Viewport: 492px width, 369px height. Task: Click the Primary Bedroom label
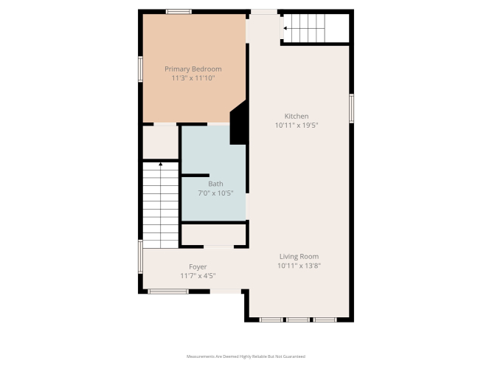click(x=193, y=69)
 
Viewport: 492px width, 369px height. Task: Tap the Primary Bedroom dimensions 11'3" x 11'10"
click(x=193, y=78)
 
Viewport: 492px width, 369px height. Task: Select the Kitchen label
click(x=297, y=116)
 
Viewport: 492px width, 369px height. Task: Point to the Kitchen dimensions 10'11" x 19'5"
click(x=297, y=125)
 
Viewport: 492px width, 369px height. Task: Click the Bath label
click(x=215, y=184)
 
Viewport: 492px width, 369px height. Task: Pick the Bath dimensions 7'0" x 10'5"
click(x=215, y=193)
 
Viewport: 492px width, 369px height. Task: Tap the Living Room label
click(x=299, y=257)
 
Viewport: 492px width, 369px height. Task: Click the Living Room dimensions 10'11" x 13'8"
click(x=299, y=266)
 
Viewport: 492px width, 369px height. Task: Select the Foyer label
click(x=198, y=267)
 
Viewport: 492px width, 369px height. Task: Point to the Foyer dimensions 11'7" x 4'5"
click(x=198, y=276)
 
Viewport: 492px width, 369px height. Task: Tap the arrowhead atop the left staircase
click(x=161, y=164)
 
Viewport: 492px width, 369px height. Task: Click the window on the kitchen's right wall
click(x=351, y=108)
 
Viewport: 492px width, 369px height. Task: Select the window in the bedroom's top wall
click(x=179, y=12)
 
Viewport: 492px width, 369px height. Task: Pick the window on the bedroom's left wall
click(x=140, y=69)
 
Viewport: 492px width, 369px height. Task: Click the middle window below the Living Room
click(x=298, y=320)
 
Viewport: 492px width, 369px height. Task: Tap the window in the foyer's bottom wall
click(x=168, y=292)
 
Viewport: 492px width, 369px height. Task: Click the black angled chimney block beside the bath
click(x=238, y=123)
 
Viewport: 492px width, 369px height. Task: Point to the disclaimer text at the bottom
click(x=246, y=356)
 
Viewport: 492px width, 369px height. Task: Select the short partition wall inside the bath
click(x=195, y=175)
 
